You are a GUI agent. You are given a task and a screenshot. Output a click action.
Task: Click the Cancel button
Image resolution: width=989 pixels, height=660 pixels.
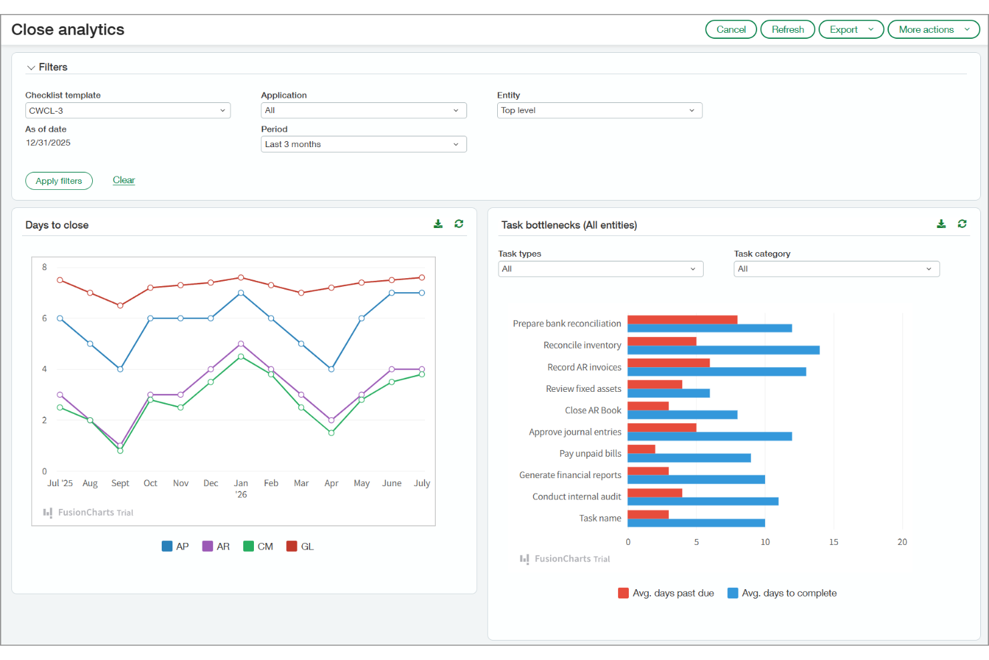tap(730, 29)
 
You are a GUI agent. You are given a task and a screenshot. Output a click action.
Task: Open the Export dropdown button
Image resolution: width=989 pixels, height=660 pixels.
tap(851, 29)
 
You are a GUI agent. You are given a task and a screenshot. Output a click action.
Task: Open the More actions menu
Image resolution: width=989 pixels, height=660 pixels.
tap(933, 29)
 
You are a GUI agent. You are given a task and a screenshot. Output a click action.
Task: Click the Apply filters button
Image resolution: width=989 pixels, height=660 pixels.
tap(59, 181)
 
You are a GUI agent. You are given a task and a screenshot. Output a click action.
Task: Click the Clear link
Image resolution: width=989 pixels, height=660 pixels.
tap(124, 181)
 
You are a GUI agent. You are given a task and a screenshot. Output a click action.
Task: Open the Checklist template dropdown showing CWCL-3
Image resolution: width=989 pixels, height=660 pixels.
tap(128, 110)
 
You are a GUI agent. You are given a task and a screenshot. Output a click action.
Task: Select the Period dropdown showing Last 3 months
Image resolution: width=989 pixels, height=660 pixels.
tap(364, 144)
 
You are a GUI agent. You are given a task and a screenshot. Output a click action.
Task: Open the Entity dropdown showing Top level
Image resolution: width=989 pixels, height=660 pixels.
tap(599, 110)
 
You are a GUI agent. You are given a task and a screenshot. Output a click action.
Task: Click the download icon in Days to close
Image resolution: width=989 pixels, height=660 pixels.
tap(438, 224)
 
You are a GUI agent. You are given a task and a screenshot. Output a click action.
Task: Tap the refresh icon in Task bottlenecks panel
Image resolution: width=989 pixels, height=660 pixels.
tap(962, 224)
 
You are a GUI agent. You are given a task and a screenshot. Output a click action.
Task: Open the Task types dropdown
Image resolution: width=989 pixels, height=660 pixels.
tap(600, 269)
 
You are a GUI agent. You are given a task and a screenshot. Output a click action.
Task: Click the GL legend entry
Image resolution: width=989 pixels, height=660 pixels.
tap(300, 546)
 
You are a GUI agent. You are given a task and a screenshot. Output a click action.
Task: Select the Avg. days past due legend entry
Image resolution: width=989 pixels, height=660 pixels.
tap(666, 593)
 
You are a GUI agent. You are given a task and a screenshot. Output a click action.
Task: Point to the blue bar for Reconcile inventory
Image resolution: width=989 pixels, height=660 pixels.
tap(723, 350)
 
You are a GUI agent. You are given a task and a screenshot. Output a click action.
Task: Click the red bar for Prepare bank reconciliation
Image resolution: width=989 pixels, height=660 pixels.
tap(682, 320)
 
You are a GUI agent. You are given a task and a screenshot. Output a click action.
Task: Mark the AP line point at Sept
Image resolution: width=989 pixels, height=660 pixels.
tap(120, 369)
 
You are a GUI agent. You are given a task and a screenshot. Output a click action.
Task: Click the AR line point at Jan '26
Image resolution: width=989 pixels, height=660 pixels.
tap(241, 344)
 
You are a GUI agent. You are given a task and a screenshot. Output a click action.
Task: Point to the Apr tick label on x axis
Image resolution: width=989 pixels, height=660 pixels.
tap(331, 483)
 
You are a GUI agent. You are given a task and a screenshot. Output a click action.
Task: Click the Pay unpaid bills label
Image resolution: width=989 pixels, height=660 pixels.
tap(590, 453)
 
